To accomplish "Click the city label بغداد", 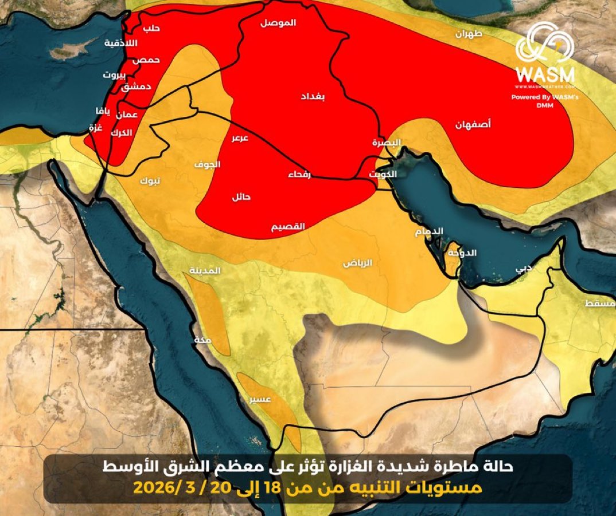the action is [x=313, y=97].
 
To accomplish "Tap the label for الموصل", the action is [x=278, y=23].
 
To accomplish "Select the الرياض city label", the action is [x=357, y=263].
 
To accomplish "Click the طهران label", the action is [x=469, y=34].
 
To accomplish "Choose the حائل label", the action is [x=240, y=196].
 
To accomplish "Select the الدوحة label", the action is [x=462, y=252].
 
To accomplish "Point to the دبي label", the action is [x=523, y=267].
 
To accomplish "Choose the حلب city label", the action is [x=150, y=28].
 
